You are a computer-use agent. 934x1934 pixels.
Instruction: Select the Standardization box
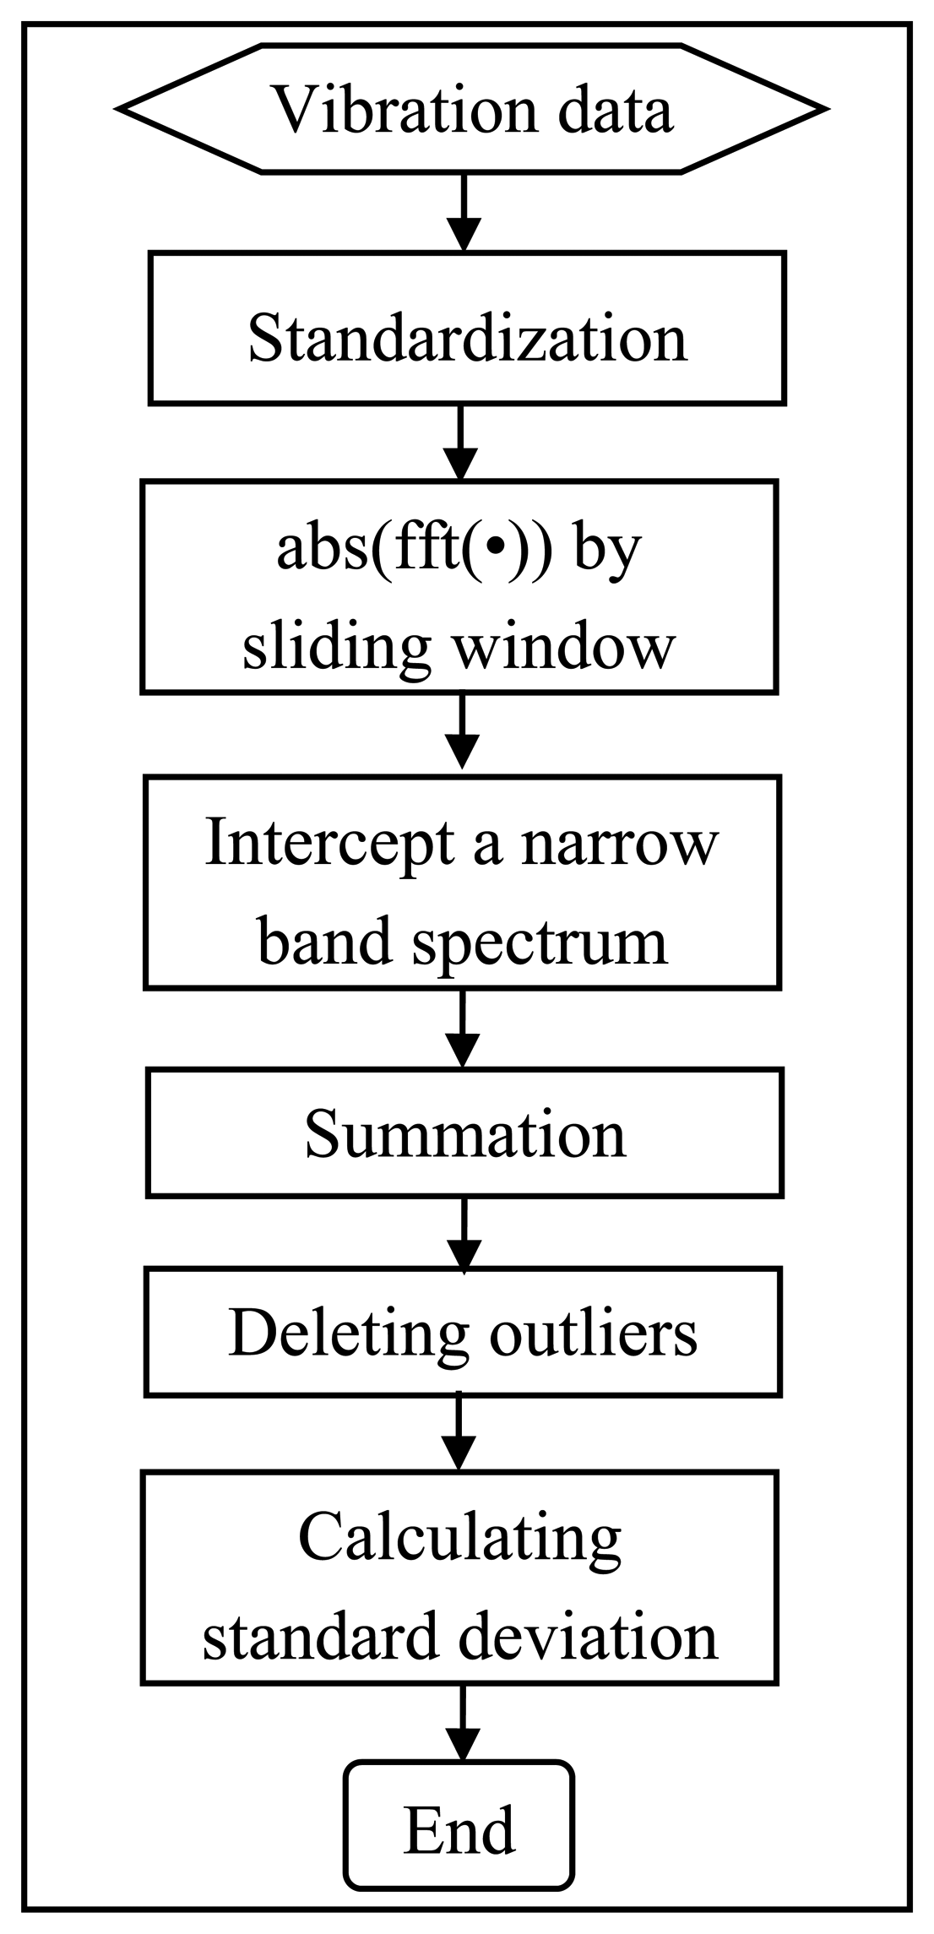[467, 338]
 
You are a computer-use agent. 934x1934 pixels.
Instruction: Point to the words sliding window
[459, 645]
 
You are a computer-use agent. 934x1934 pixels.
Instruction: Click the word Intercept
[329, 842]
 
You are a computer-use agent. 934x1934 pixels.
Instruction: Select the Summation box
[464, 1133]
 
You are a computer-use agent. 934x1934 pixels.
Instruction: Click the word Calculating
[459, 1536]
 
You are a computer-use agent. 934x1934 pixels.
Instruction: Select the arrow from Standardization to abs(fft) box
[460, 443]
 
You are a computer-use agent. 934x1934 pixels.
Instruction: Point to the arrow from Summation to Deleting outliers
[464, 1232]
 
